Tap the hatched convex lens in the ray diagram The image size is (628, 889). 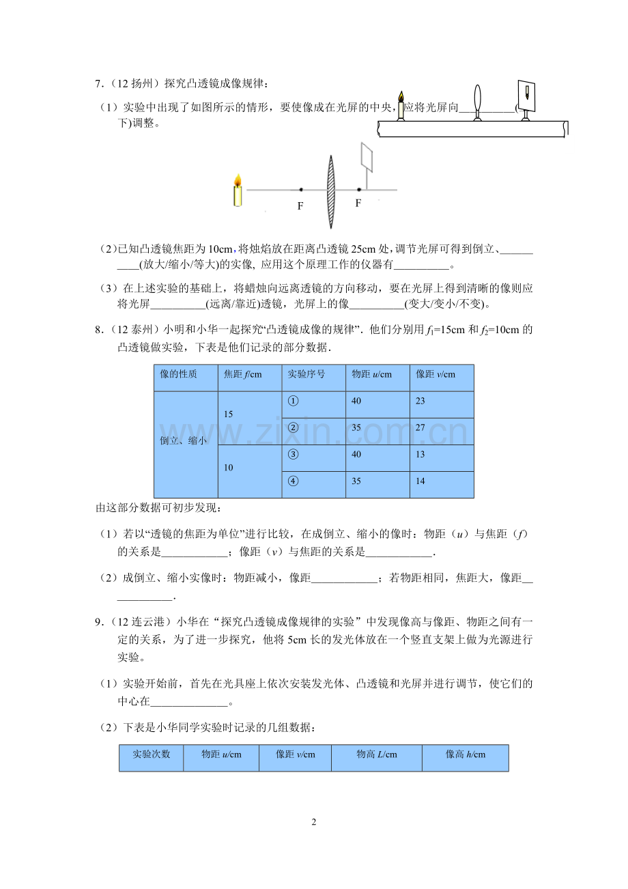pyautogui.click(x=331, y=192)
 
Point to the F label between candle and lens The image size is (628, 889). pyautogui.click(x=300, y=206)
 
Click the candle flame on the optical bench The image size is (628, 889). pyautogui.click(x=401, y=96)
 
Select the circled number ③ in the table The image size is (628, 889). pyautogui.click(x=294, y=455)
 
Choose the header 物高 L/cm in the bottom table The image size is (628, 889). pyautogui.click(x=376, y=754)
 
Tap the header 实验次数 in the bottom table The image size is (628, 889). pyautogui.click(x=151, y=754)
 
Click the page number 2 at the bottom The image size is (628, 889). pyautogui.click(x=314, y=822)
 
